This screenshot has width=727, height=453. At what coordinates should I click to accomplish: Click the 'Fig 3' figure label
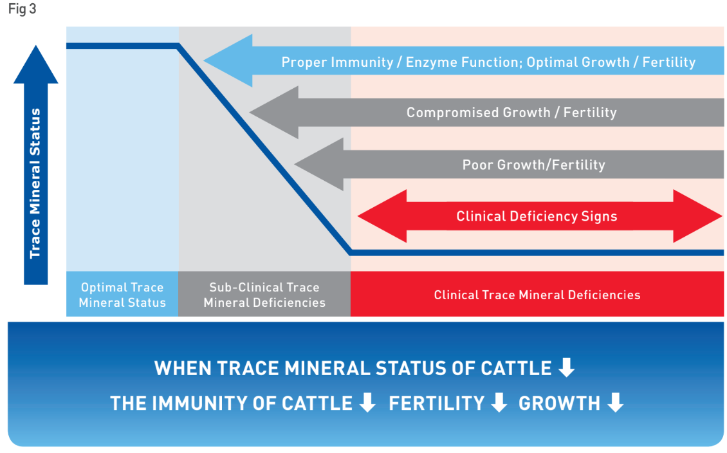click(23, 9)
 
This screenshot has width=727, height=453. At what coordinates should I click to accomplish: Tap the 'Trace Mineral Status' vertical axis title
click(35, 183)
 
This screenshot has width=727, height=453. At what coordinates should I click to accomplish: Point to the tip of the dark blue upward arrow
click(35, 46)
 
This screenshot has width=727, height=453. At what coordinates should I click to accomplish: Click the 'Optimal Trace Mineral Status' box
click(122, 295)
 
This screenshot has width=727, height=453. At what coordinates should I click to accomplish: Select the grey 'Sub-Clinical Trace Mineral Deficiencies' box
click(264, 295)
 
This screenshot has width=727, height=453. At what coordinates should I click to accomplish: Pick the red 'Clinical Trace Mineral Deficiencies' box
click(537, 295)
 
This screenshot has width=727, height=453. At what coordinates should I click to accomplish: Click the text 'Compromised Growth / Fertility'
click(511, 113)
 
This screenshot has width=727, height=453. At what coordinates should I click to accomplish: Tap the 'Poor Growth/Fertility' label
click(533, 165)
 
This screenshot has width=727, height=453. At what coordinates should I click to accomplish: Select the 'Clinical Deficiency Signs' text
click(537, 217)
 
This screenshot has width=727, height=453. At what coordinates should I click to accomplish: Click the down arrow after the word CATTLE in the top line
click(567, 367)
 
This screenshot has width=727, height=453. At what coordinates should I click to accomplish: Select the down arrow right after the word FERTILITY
click(499, 402)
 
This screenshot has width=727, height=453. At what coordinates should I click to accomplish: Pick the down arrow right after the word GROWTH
click(615, 402)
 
